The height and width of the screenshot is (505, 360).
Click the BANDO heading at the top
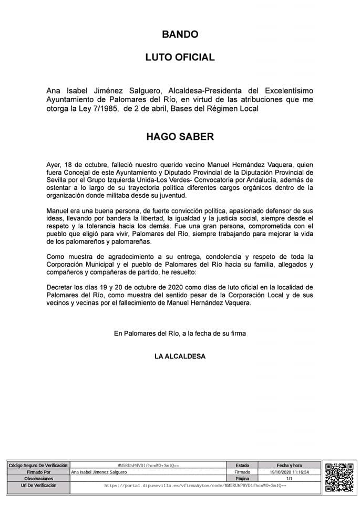coord(180,35)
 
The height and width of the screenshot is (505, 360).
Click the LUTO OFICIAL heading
coord(180,57)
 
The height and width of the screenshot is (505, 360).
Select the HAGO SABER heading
coord(180,137)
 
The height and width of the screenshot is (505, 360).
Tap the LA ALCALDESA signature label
coord(180,356)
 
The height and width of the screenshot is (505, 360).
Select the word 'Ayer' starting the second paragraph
coord(54,164)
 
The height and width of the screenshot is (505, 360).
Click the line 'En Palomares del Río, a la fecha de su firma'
coord(180,333)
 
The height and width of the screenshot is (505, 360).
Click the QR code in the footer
coord(339,477)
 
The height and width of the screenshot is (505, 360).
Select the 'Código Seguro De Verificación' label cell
coord(38,466)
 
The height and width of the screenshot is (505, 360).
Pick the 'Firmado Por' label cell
coord(38,472)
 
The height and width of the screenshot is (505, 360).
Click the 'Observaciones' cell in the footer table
coord(38,479)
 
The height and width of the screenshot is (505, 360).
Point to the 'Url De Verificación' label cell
coord(38,486)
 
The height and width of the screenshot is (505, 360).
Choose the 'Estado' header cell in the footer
coord(242,466)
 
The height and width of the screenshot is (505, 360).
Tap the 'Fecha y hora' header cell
coord(289,466)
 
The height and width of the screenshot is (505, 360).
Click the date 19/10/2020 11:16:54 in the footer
coord(289,472)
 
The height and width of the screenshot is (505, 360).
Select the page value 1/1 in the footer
coord(289,479)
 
